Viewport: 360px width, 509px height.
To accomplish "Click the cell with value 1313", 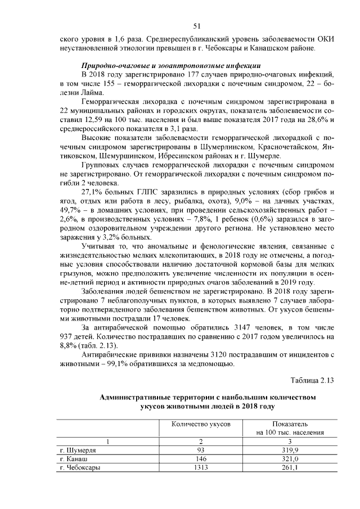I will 201,467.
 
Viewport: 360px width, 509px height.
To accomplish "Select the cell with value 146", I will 201,459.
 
